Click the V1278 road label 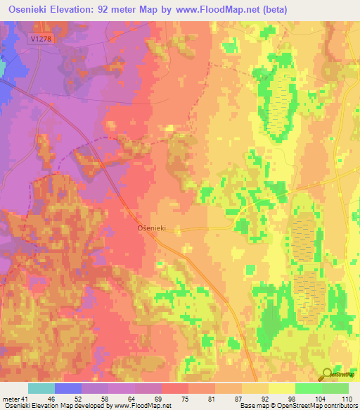(41, 40)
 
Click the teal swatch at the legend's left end (41, 388)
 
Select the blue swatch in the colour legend (68, 388)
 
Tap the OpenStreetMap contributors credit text (321, 406)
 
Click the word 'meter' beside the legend (10, 399)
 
